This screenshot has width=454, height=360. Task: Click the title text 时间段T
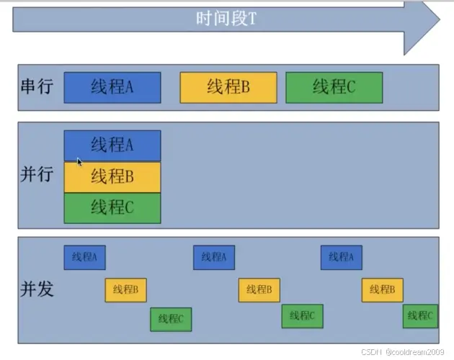coord(226,19)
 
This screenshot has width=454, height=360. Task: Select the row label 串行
coord(36,88)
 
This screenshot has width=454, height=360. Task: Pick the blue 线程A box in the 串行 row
coord(112,88)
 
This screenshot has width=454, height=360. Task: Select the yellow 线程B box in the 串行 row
coord(228,88)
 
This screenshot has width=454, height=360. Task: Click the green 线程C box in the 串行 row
coord(334,88)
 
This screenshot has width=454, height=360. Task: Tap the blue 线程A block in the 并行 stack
coord(112,145)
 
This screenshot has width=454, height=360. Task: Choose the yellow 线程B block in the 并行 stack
coord(112,176)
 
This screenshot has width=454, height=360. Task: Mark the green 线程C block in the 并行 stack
coord(112,208)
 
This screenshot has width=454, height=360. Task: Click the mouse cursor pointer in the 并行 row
coord(79,162)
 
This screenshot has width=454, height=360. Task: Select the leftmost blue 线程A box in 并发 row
coord(84,257)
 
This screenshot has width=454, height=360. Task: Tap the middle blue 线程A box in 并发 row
coord(213,257)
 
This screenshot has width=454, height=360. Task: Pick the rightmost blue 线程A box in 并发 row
coord(341,257)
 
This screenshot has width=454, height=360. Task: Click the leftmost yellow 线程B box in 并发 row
coord(125,289)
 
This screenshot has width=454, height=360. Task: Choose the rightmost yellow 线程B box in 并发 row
coord(382,289)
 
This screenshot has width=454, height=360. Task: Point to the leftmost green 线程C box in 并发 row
coord(171,318)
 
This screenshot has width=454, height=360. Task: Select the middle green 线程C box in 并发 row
coord(302,315)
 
